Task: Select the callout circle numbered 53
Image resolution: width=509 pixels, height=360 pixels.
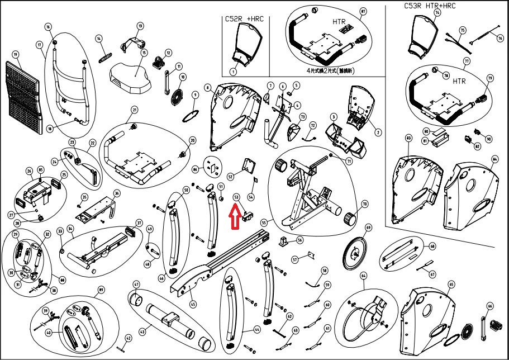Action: (x=236, y=197)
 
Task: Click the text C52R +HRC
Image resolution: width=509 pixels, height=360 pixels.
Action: (x=244, y=20)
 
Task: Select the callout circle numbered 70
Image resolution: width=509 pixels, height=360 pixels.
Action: (x=364, y=204)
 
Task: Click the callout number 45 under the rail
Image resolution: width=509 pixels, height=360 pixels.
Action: (x=193, y=304)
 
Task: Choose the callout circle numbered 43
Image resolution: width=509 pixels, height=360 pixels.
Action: (x=142, y=332)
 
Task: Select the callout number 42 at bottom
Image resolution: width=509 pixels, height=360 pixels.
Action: (x=128, y=337)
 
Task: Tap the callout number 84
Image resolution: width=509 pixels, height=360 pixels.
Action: (x=494, y=159)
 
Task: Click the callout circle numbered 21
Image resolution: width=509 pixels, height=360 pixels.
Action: (x=134, y=110)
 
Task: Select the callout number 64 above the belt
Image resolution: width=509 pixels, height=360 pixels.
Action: (x=363, y=276)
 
